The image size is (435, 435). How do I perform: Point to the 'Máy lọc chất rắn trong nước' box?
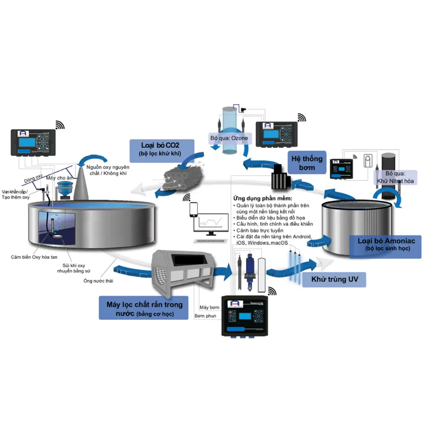pos(144,308)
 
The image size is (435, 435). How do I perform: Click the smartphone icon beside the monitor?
pos(194,210)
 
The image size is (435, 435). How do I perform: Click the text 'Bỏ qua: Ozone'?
pos(229,138)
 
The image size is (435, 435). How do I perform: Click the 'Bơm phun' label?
pos(205,316)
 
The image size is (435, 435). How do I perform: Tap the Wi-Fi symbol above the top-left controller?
pos(60,125)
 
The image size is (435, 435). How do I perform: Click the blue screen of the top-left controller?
pos(31,143)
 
